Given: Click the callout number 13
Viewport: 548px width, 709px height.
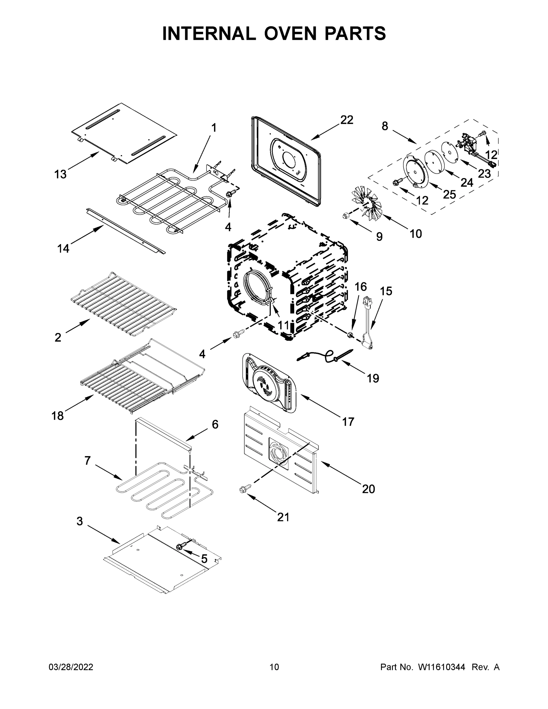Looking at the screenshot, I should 60,174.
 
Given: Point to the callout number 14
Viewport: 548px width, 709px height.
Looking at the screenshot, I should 63,249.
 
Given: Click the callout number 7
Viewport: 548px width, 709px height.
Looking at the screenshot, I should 87,460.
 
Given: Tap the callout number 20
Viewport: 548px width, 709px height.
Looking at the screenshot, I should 368,489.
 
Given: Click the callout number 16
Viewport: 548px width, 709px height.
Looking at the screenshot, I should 360,287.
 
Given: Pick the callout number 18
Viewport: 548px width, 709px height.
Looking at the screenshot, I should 58,416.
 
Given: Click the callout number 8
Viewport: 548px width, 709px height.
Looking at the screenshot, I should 385,126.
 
